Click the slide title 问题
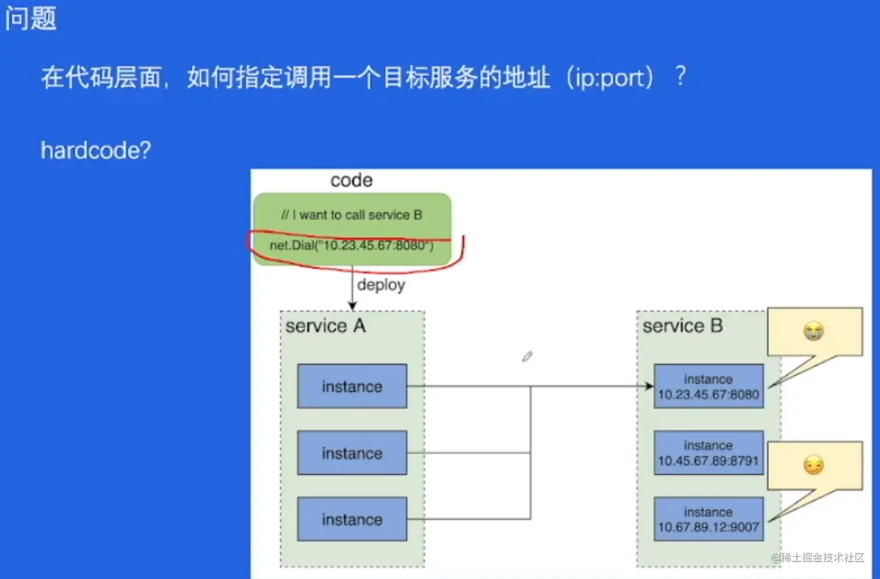(31, 19)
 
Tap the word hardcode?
(96, 151)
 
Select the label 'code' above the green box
(351, 180)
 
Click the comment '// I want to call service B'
(352, 215)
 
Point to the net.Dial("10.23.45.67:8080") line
(352, 245)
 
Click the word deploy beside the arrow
(381, 285)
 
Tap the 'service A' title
(325, 326)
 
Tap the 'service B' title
(682, 326)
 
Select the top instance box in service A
(352, 386)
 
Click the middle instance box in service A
(352, 453)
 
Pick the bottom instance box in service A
(352, 519)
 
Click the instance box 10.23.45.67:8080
(708, 386)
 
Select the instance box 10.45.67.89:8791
(708, 453)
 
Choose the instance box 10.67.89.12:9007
(708, 519)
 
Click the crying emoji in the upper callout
(814, 331)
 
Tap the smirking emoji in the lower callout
(814, 465)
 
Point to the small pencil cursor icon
(527, 356)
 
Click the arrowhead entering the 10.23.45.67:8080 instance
(649, 386)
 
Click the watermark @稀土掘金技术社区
(817, 557)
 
